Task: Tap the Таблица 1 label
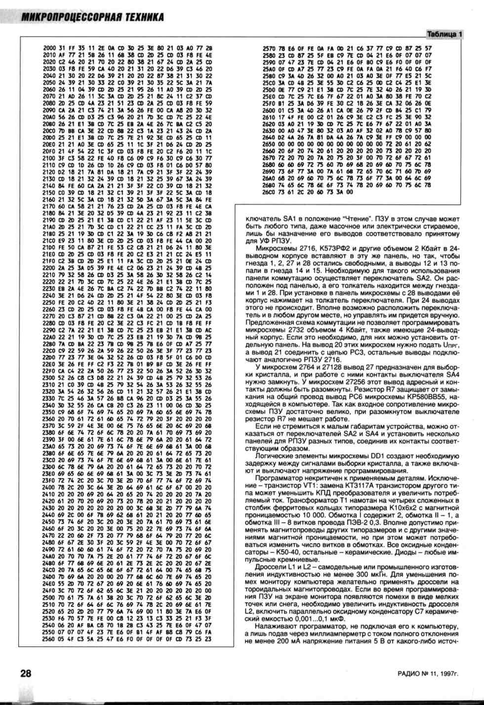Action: coord(444,34)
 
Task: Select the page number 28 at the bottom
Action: coord(26,673)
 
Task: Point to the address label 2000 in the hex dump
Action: coord(49,48)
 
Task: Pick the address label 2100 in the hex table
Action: coord(49,158)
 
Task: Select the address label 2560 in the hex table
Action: coord(49,638)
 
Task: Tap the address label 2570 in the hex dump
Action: coord(269,48)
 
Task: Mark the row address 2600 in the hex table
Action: coord(269,110)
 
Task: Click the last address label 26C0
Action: coord(269,192)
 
